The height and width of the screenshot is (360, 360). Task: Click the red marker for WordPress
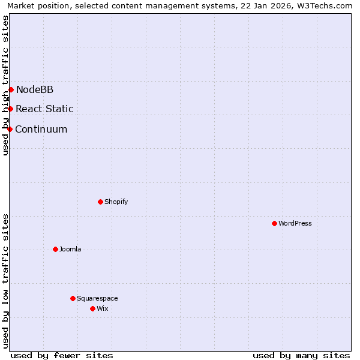pyautogui.click(x=274, y=223)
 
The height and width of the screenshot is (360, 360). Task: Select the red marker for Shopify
pyautogui.click(x=100, y=202)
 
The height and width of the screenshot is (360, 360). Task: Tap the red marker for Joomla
pyautogui.click(x=55, y=249)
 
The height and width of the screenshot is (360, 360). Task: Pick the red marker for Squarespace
pyautogui.click(x=73, y=298)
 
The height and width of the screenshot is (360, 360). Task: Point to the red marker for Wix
pyautogui.click(x=92, y=308)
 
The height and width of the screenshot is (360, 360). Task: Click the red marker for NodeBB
pyautogui.click(x=11, y=89)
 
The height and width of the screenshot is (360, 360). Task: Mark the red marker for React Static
pyautogui.click(x=10, y=109)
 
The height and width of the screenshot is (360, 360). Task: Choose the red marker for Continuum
pyautogui.click(x=10, y=129)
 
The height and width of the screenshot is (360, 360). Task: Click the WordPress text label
pyautogui.click(x=295, y=223)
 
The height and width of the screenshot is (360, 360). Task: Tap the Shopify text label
pyautogui.click(x=116, y=202)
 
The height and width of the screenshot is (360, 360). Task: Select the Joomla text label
pyautogui.click(x=70, y=249)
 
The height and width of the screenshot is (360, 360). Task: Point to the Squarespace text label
pyautogui.click(x=97, y=298)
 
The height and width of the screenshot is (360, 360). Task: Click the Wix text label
pyautogui.click(x=103, y=308)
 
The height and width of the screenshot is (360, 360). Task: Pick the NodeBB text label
pyautogui.click(x=35, y=89)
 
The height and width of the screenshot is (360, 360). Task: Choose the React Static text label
pyautogui.click(x=45, y=109)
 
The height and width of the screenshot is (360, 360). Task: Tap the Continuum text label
pyautogui.click(x=41, y=129)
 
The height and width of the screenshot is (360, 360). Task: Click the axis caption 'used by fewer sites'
pyautogui.click(x=62, y=355)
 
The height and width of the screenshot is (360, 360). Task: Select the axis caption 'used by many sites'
pyautogui.click(x=301, y=355)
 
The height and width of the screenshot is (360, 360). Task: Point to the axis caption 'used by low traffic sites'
pyautogui.click(x=5, y=281)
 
